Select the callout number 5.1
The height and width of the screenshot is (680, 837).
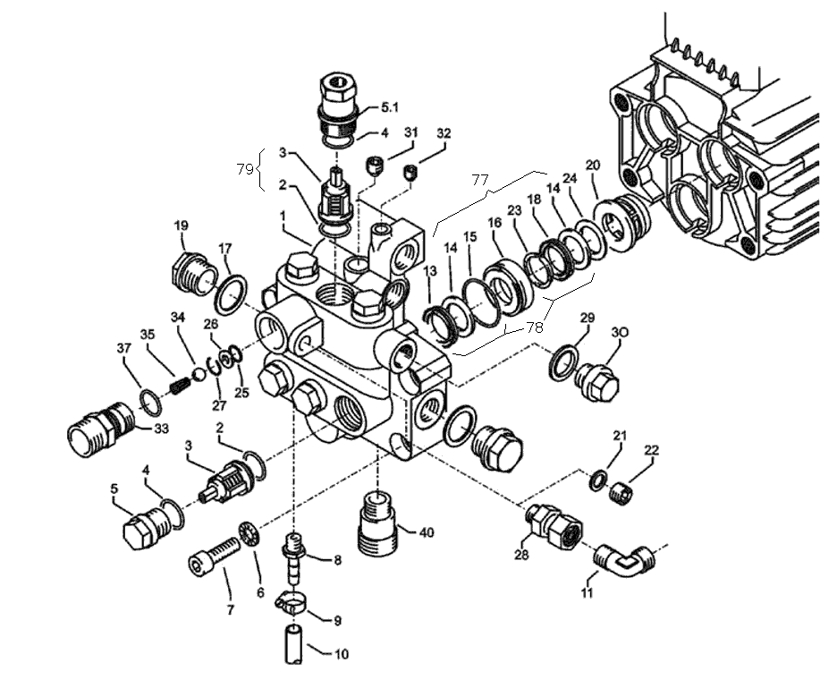(x=390, y=106)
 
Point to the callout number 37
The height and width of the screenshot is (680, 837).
(x=124, y=348)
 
